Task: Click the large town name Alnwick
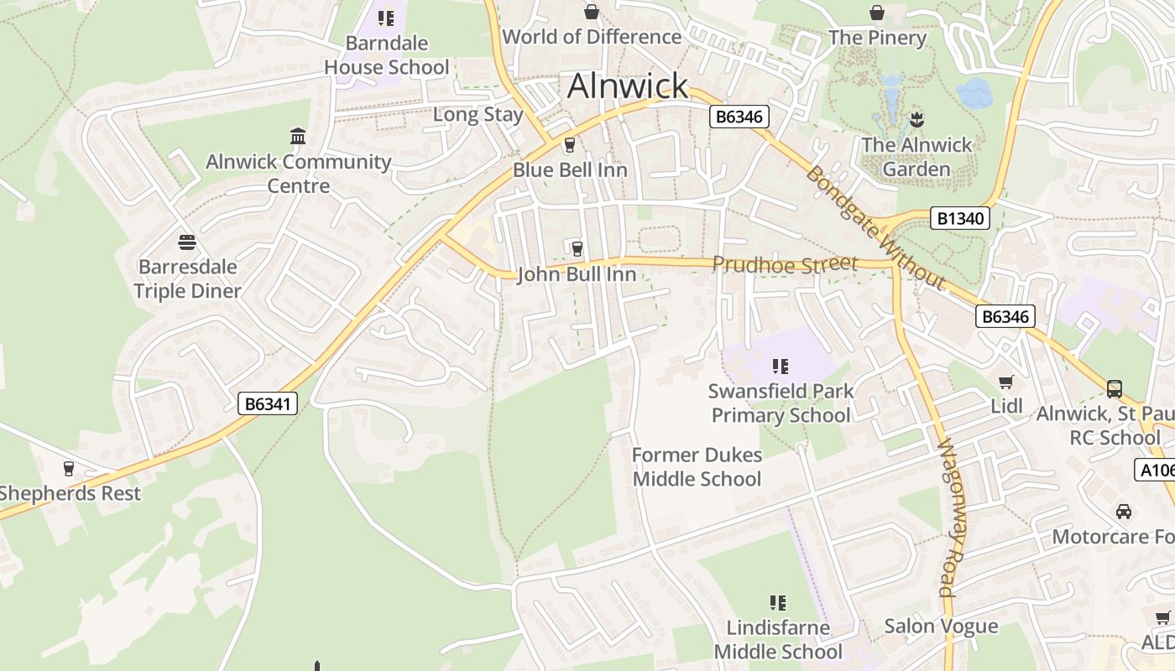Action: coord(628,86)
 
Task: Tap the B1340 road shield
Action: coord(960,219)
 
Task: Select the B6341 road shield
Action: coord(268,403)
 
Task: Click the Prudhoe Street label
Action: coord(785,264)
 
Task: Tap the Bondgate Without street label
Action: coord(875,227)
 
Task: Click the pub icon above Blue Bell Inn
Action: coord(570,145)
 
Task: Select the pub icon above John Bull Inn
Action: coord(577,248)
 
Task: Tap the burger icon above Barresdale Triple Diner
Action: coord(187,242)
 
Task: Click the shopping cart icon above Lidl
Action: coord(1006,382)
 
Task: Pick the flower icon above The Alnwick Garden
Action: coord(916,119)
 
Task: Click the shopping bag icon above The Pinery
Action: coord(877,13)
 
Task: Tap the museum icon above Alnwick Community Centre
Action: coord(298,136)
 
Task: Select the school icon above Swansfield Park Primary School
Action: coord(781,366)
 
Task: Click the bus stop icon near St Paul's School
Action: coord(1115,388)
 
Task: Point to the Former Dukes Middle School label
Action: coord(697,467)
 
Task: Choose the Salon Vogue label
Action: coord(941,626)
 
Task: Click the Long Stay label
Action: coord(478,114)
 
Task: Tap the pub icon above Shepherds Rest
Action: coord(69,469)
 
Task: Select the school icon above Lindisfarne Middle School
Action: coord(778,603)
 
